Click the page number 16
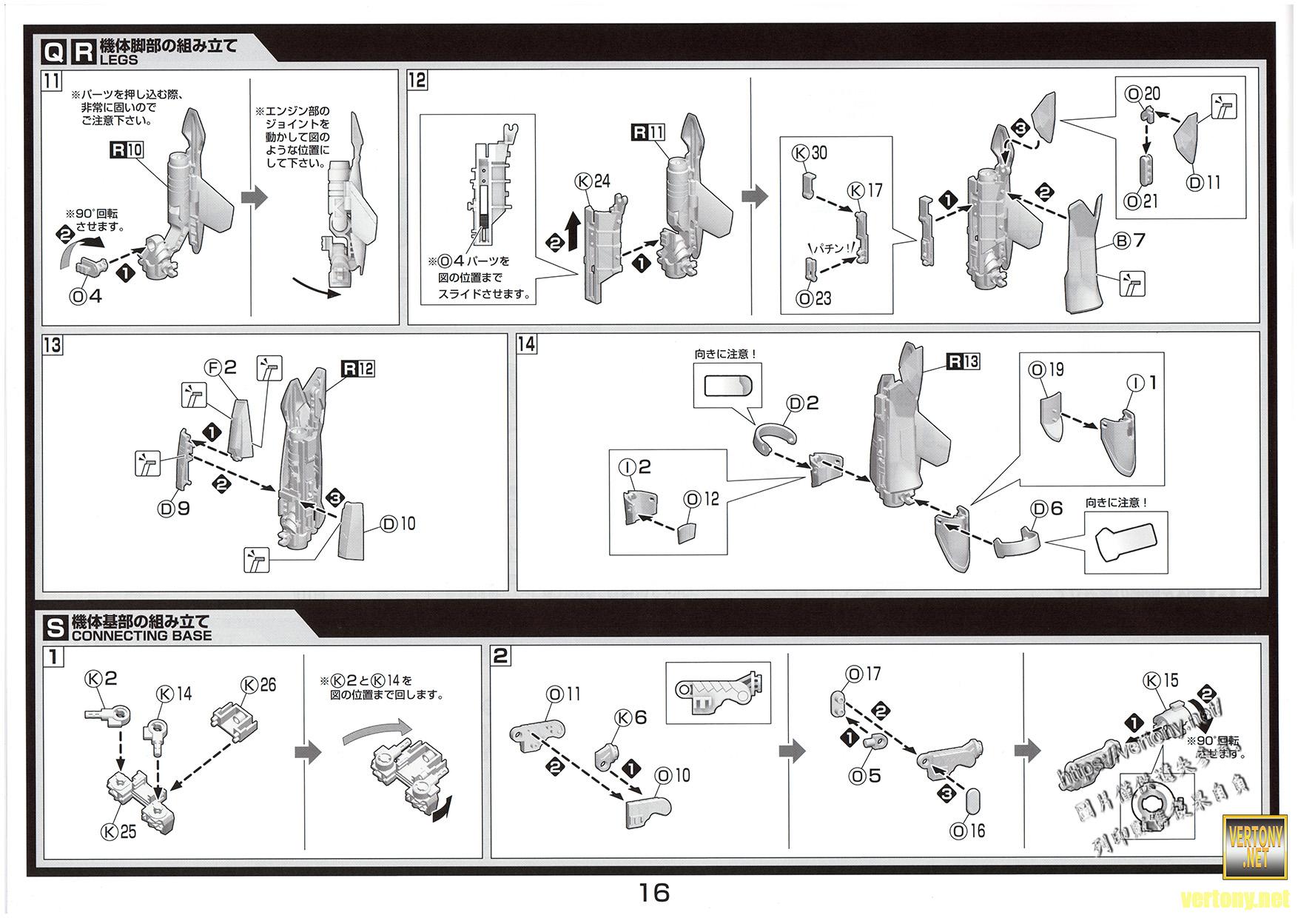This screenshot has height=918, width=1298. pos(654,892)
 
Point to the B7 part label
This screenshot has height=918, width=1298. pos(1129,241)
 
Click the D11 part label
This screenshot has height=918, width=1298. pos(1204,182)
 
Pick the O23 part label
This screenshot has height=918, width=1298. pos(813,298)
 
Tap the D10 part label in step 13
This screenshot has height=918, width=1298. pos(398,524)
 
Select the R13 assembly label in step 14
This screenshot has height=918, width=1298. pos(964,361)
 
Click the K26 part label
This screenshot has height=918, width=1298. pos(258,685)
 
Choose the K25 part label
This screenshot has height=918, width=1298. pos(118,831)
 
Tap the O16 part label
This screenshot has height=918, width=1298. pos(968,831)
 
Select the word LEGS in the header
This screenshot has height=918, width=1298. pos(119,60)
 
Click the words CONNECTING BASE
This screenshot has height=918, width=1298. pos(141,636)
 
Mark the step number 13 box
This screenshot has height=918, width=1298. pos(53,345)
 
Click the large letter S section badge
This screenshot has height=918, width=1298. pos(56,628)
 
